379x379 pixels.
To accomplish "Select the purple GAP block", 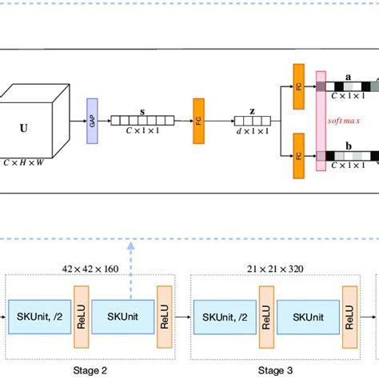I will pyautogui.click(x=92, y=122).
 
